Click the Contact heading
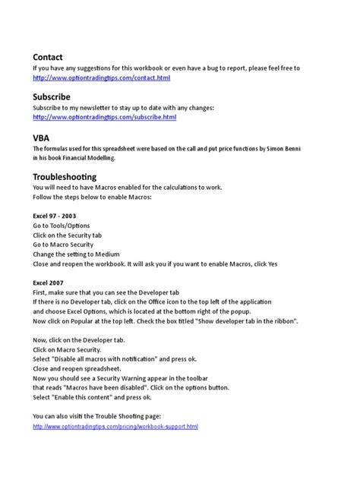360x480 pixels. (47, 57)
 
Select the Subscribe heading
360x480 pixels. (52, 97)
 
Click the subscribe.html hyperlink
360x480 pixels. (105, 118)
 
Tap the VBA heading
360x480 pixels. (42, 137)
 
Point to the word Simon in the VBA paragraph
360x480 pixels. (267, 148)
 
